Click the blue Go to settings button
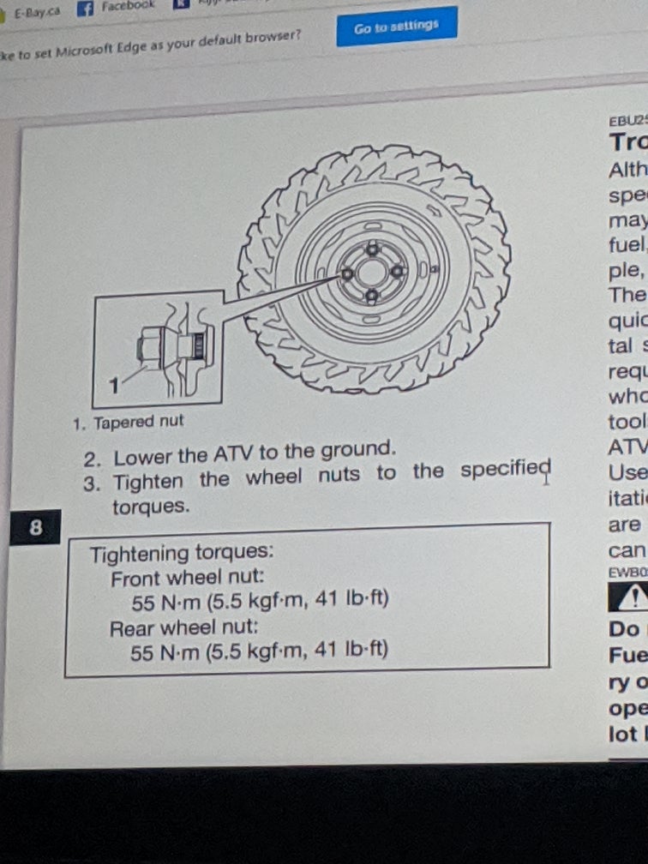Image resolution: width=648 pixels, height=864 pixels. click(397, 27)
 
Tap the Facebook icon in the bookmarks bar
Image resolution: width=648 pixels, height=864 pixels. click(85, 9)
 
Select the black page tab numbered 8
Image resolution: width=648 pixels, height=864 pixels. click(36, 527)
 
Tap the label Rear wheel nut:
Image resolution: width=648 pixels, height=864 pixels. click(186, 628)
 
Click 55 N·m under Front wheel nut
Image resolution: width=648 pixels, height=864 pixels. click(167, 602)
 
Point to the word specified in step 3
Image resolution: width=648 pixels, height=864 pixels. click(504, 471)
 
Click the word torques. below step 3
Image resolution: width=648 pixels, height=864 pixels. click(150, 506)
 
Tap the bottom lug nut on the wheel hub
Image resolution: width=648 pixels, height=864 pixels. click(371, 296)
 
